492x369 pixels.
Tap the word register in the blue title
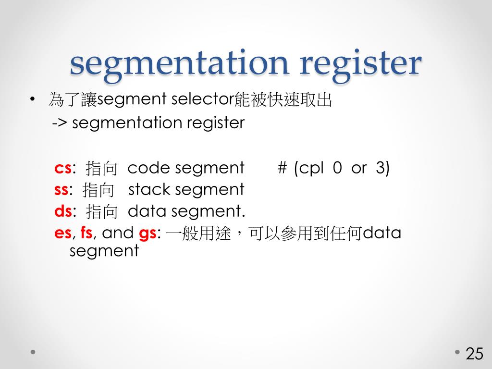click(x=360, y=63)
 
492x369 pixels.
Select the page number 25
click(x=474, y=354)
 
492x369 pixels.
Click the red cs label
click(x=63, y=168)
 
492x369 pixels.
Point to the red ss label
click(x=61, y=190)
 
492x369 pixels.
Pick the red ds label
click(x=63, y=211)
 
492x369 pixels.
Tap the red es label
click(x=63, y=233)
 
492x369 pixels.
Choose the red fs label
click(x=86, y=233)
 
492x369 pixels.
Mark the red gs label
click(x=147, y=233)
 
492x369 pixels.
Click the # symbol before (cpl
click(x=282, y=168)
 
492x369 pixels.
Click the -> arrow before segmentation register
click(x=60, y=123)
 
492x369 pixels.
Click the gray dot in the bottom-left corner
click(x=33, y=352)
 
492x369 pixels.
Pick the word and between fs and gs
click(x=118, y=233)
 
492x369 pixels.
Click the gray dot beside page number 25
click(x=457, y=352)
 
